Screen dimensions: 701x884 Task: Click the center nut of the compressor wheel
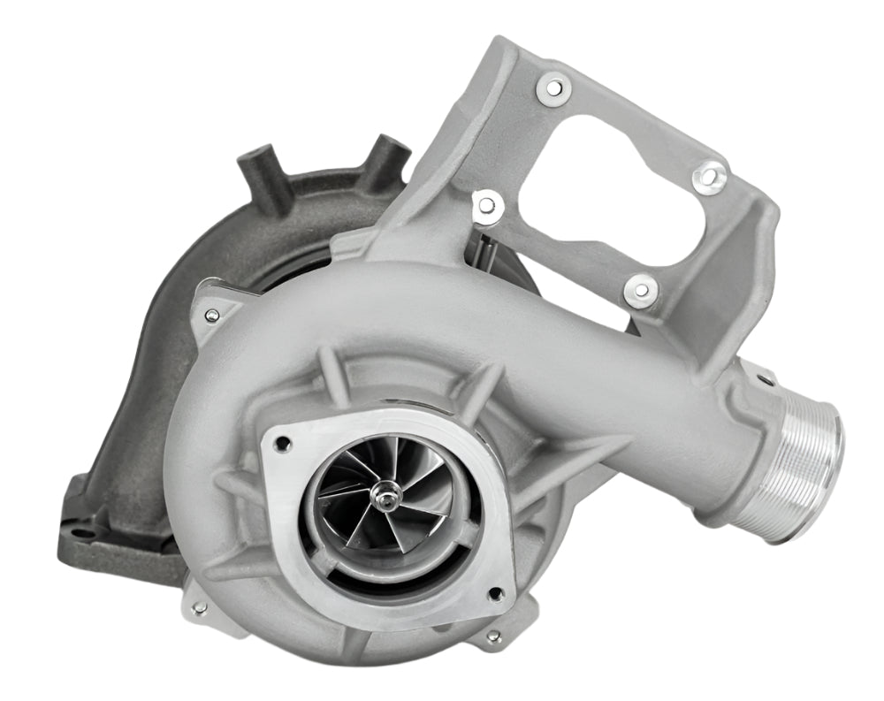click(x=385, y=499)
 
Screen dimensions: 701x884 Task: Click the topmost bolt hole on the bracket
click(x=553, y=87)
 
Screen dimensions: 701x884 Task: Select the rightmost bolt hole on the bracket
click(x=709, y=178)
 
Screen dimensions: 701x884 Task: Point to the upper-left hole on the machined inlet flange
click(x=283, y=445)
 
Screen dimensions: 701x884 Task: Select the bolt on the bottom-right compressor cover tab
click(x=492, y=636)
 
